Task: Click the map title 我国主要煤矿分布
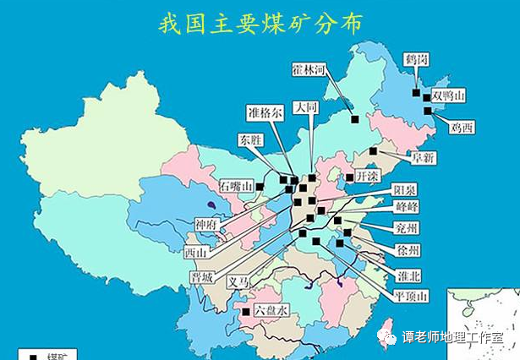click(260, 23)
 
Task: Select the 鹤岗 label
click(416, 60)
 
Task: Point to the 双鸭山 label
click(448, 96)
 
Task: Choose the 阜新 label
click(423, 157)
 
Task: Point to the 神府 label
click(207, 224)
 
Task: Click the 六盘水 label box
click(271, 310)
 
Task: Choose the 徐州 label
click(407, 249)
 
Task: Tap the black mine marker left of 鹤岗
click(416, 92)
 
